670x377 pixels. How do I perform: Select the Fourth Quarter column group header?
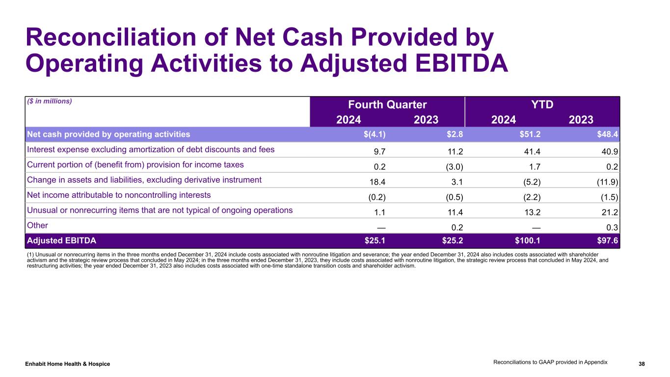point(387,104)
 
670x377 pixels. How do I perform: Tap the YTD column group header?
point(542,104)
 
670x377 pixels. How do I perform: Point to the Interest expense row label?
point(150,149)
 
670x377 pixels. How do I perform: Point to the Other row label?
point(38,225)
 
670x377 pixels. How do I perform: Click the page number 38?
point(642,364)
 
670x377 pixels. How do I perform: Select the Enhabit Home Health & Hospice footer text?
point(68,364)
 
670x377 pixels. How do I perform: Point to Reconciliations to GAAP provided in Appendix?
point(550,362)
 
